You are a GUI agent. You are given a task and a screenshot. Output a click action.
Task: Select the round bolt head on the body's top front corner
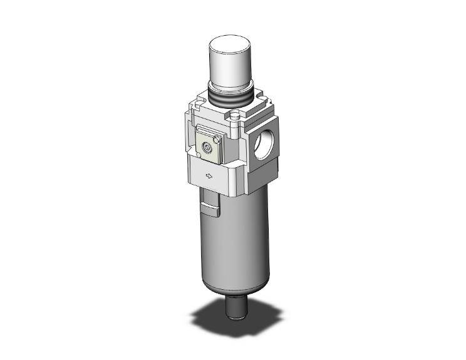click(235, 116)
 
